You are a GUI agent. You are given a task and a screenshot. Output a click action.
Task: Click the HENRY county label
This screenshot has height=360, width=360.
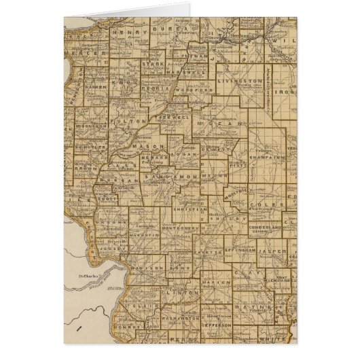coord(128,31)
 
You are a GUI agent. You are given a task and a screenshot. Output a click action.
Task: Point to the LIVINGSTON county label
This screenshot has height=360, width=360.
coord(240,81)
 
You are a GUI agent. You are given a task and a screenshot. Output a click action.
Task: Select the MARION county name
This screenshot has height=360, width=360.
coord(219,283)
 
